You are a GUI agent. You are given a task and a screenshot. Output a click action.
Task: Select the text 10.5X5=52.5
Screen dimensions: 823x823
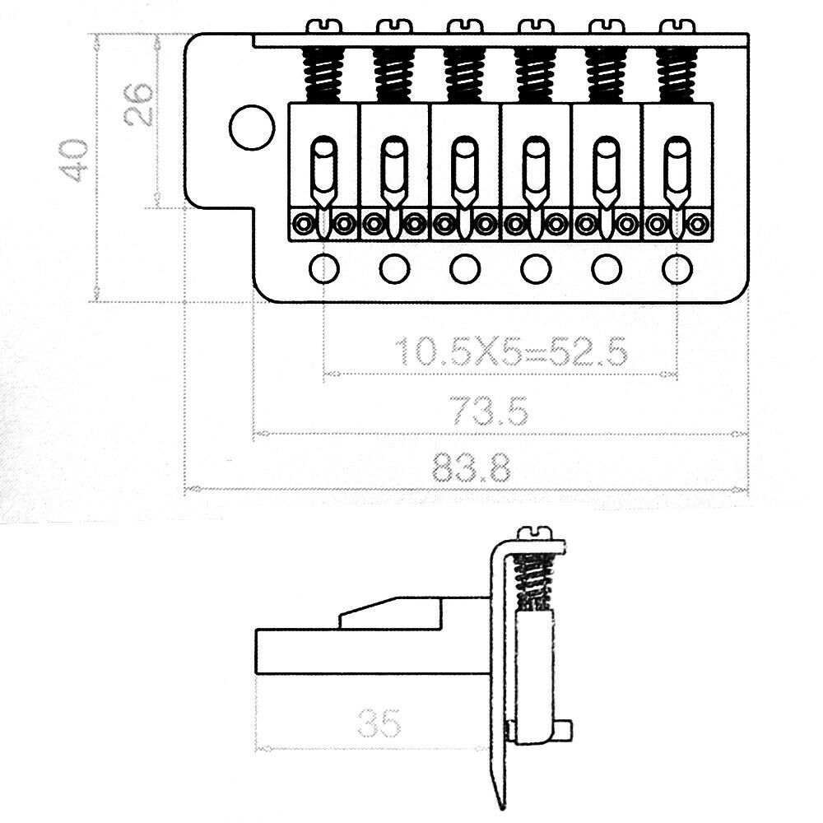pos(511,352)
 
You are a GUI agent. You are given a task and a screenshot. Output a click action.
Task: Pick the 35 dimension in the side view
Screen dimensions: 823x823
pos(379,724)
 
